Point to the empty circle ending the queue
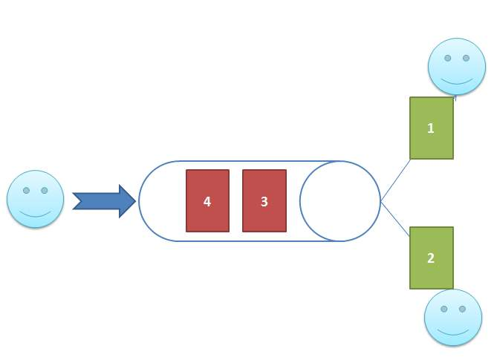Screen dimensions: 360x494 [x=340, y=201]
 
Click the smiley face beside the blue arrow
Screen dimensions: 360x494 [x=35, y=199]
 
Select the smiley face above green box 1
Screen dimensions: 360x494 [x=457, y=66]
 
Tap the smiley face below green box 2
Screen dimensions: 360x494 [x=453, y=317]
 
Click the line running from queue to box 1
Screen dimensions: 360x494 [x=395, y=179]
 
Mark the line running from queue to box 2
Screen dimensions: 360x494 [x=395, y=220]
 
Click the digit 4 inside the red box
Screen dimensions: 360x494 [x=207, y=201]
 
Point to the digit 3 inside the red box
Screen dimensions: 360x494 [x=264, y=201]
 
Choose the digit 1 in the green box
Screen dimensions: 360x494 [x=431, y=128]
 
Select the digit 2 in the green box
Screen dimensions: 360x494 [x=431, y=258]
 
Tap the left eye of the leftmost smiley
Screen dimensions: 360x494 [x=26, y=191]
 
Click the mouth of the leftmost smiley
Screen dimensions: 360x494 [x=35, y=212]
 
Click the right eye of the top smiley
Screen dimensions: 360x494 [x=466, y=58]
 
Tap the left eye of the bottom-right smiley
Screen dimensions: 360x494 [x=444, y=309]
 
